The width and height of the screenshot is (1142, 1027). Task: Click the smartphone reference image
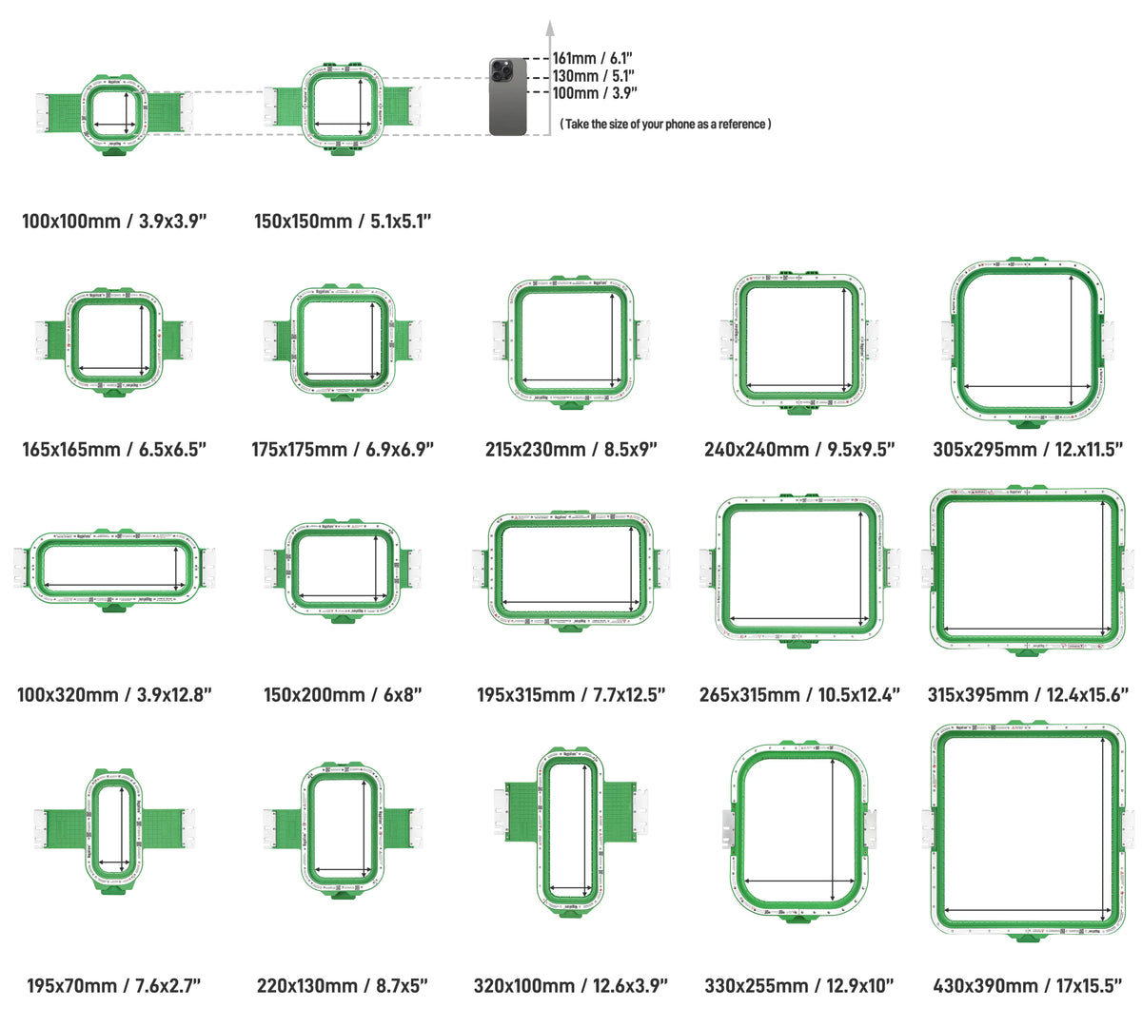tap(508, 96)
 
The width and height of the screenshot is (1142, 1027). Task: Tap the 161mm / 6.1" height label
tap(593, 59)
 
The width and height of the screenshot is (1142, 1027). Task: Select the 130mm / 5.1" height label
tap(593, 76)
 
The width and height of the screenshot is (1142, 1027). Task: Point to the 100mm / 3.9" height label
tap(595, 93)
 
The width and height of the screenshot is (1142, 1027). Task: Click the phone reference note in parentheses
tap(665, 124)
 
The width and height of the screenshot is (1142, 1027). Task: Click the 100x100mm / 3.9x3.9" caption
tap(114, 222)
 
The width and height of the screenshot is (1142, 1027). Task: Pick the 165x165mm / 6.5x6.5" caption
tap(114, 449)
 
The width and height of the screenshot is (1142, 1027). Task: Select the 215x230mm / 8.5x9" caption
tap(570, 449)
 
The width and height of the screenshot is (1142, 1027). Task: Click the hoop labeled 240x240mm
tap(798, 340)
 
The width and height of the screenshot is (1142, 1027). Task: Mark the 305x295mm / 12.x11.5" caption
tap(1028, 449)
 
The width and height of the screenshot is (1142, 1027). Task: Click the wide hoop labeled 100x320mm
tap(114, 568)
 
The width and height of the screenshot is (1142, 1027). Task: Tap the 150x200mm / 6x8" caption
tap(343, 695)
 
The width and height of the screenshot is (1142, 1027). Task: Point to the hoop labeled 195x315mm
tap(570, 569)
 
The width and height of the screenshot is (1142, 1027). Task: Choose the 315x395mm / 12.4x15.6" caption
tap(1028, 695)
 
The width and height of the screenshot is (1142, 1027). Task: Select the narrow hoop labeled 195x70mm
tap(114, 829)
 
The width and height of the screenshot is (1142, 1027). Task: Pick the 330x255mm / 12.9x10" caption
tap(799, 986)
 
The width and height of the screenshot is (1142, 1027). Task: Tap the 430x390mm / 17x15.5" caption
tap(1028, 986)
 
